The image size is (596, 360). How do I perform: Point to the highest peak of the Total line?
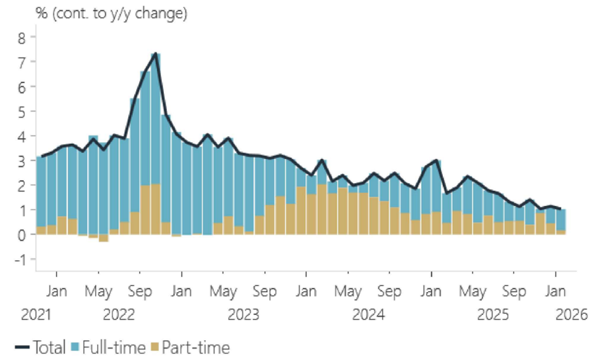tap(155, 54)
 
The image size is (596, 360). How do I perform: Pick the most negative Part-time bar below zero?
tap(104, 238)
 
